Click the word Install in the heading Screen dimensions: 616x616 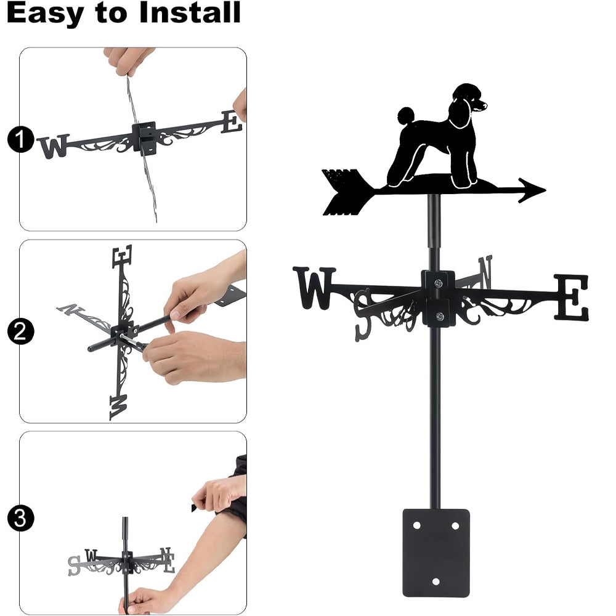(x=190, y=12)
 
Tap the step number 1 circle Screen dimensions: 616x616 (x=20, y=139)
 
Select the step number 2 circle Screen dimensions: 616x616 (x=20, y=331)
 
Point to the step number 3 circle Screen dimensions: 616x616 (x=20, y=518)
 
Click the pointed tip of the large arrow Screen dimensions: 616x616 (x=545, y=190)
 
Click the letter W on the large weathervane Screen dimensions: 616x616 (x=315, y=288)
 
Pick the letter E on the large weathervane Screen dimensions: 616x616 (x=572, y=298)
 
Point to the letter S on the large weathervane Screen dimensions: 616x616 (x=363, y=314)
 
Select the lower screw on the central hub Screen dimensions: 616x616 (x=440, y=316)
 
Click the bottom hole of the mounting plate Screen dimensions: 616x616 (x=436, y=582)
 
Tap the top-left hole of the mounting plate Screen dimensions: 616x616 (x=416, y=525)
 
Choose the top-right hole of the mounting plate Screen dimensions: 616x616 (x=455, y=525)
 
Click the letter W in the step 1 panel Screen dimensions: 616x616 (x=54, y=146)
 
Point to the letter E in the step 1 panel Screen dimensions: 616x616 (x=232, y=122)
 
